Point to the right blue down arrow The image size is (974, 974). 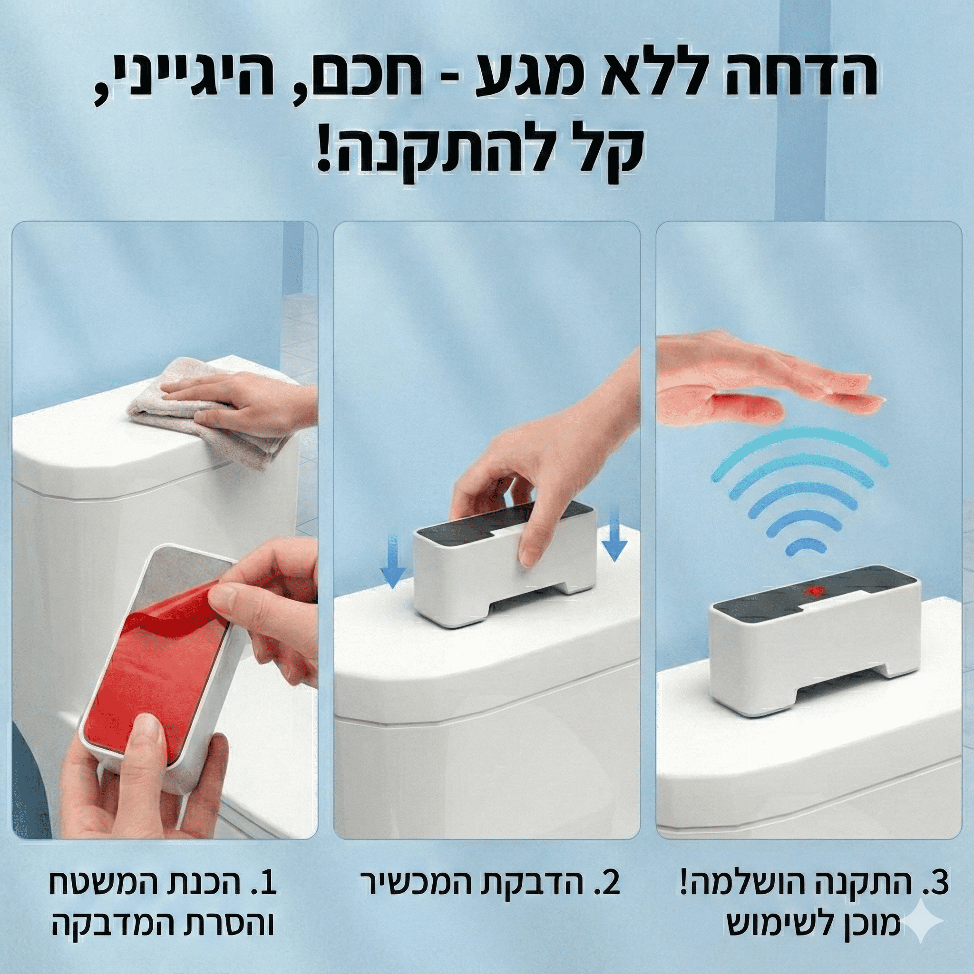(x=614, y=535)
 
